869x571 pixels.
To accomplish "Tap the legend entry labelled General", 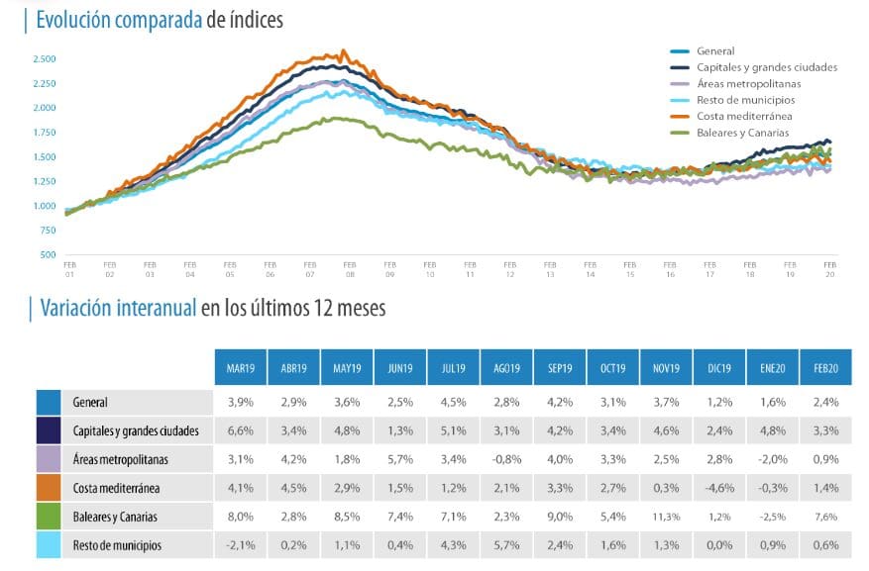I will pos(715,50).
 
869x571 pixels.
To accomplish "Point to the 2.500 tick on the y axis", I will pos(45,59).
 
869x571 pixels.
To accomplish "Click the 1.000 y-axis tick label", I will pos(45,206).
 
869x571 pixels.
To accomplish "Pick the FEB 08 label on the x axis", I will pos(350,268).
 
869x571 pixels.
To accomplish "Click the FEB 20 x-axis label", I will pos(829,268).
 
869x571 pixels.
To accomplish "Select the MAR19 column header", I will pos(241,367).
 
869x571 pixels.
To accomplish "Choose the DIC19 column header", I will pos(720,367).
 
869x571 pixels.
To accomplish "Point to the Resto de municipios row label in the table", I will pos(117,544).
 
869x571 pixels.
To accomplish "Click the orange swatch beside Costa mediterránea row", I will pos(50,488).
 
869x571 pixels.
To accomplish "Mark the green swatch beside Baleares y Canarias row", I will pos(50,517).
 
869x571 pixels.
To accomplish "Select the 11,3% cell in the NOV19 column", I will pos(667,517).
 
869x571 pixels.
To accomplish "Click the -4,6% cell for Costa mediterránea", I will pos(720,488).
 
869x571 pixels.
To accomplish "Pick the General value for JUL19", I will pos(454,403).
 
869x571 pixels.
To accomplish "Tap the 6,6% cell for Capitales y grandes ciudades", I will pos(241,430).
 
